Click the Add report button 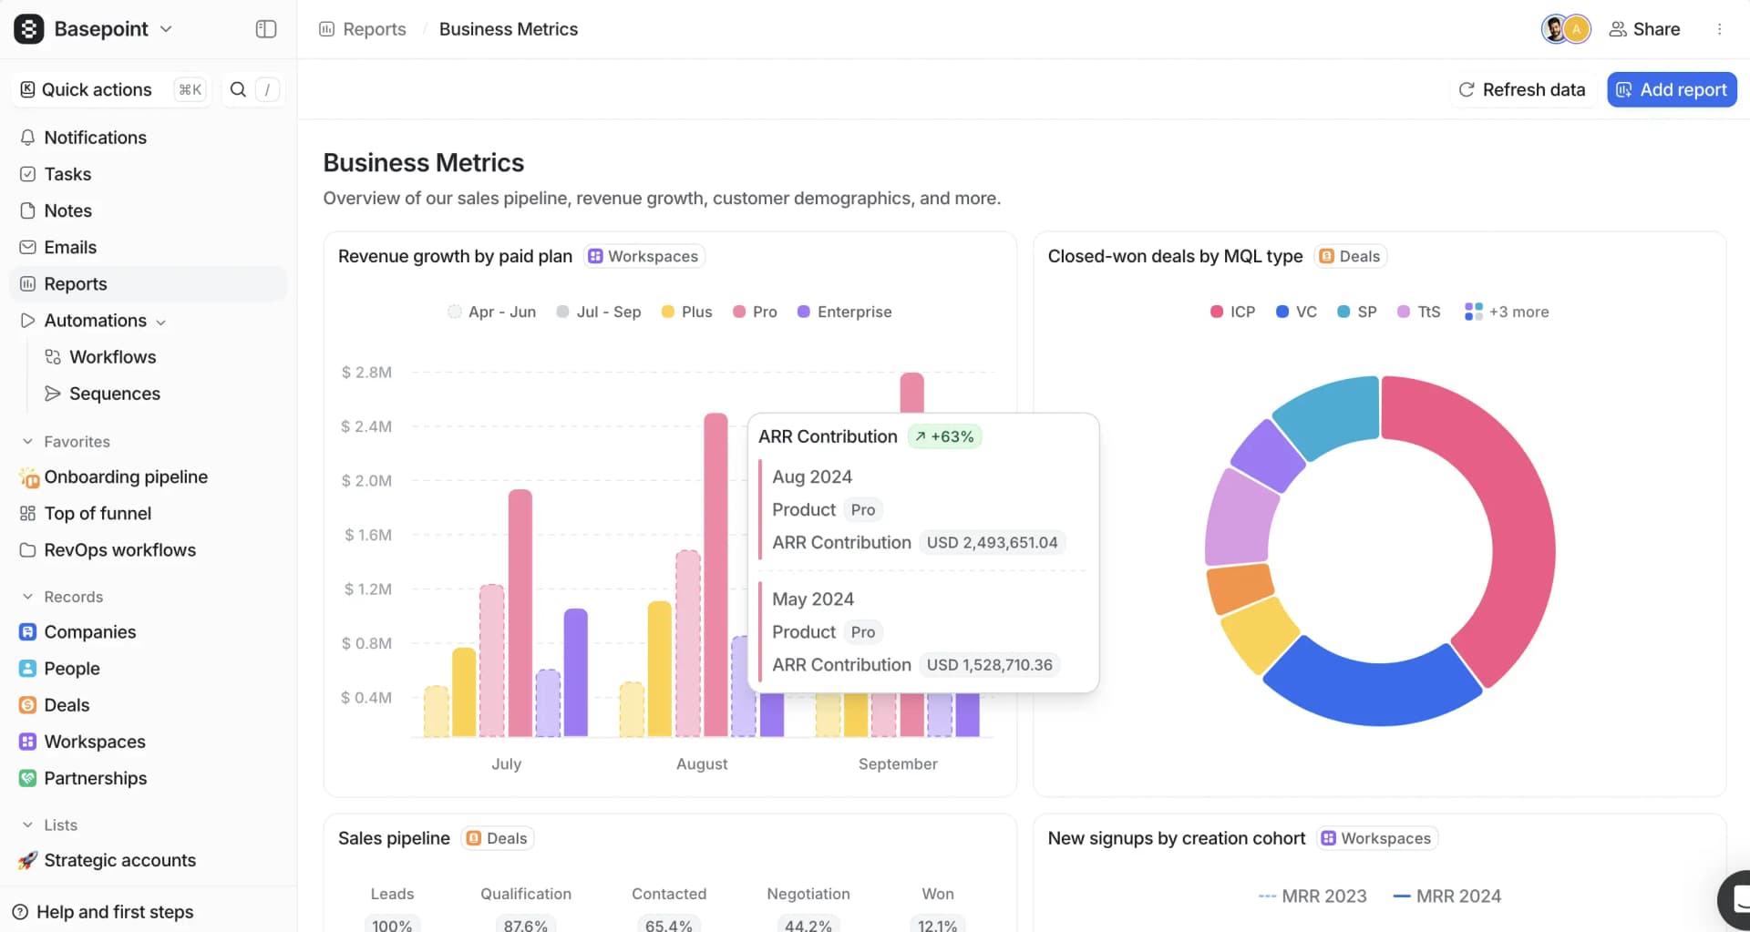click(1672, 89)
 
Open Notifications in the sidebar click(95, 138)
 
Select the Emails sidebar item click(70, 247)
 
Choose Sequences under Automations click(114, 394)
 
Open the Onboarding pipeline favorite click(125, 476)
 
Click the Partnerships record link click(95, 778)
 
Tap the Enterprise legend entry click(853, 312)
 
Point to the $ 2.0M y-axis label click(366, 480)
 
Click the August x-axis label click(702, 763)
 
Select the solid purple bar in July click(576, 672)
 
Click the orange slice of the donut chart click(1240, 588)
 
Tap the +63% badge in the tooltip click(945, 436)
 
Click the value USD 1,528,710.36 click(989, 665)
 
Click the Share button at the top click(1645, 29)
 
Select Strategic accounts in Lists click(119, 860)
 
